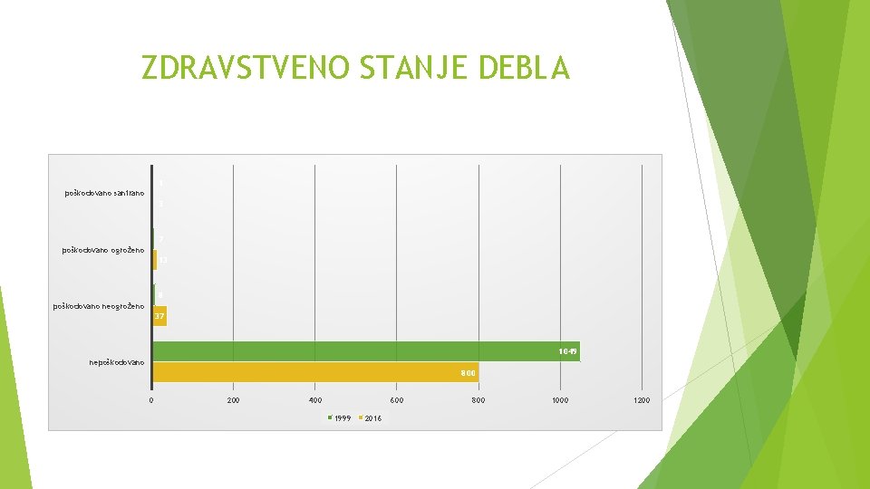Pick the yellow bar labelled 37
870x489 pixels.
[160, 316]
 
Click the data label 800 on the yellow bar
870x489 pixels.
[468, 372]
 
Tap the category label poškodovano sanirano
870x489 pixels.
[104, 193]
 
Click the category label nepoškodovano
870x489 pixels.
[117, 363]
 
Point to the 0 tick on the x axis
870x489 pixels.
[151, 399]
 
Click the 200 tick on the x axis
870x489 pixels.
[233, 399]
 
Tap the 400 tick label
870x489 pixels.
[314, 399]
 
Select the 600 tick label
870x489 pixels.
[397, 399]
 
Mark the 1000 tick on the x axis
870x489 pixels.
[560, 399]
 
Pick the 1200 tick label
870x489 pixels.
[642, 399]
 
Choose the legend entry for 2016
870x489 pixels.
[372, 418]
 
